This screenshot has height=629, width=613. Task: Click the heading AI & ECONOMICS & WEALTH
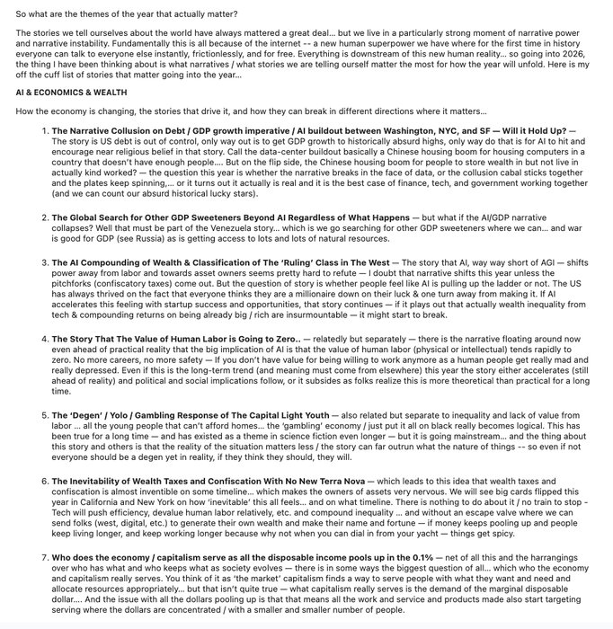coord(71,93)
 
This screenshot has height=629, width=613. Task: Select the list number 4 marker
coord(44,338)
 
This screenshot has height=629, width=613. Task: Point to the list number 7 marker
coord(44,559)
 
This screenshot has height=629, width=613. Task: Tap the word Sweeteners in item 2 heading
coord(198,217)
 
